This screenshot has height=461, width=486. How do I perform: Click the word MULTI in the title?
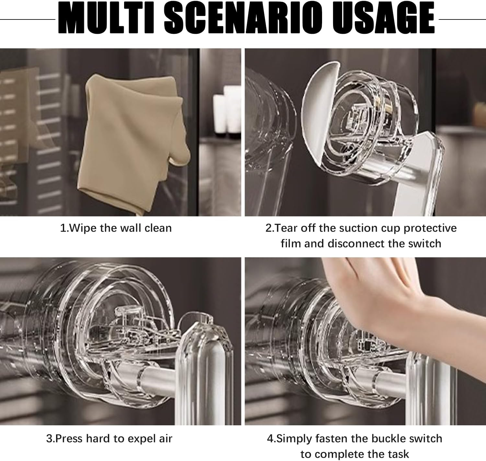tap(106, 18)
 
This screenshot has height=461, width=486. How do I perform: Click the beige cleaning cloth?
tap(133, 144)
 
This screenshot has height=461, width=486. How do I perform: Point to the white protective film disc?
tap(319, 114)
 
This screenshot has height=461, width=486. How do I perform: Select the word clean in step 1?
tap(158, 228)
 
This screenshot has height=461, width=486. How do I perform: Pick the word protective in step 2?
tap(430, 228)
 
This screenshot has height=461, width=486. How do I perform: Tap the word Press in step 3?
tap(69, 439)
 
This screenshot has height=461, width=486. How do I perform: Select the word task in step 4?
tap(399, 454)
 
